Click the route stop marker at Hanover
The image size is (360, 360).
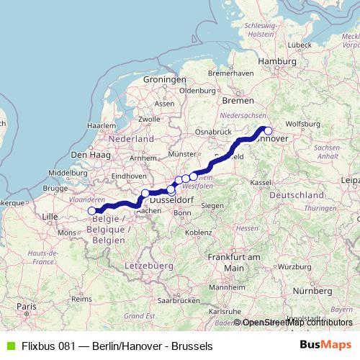(268, 130)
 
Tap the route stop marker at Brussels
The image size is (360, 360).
(92, 211)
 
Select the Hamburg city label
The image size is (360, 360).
(271, 62)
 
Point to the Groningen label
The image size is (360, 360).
(160, 79)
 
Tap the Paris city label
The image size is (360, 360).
(27, 307)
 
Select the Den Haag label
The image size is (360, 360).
(89, 155)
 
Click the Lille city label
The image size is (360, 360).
(50, 216)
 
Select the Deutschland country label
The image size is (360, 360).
(298, 196)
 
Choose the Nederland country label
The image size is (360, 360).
(131, 138)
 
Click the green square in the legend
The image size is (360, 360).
(9, 346)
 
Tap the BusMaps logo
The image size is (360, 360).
(325, 345)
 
